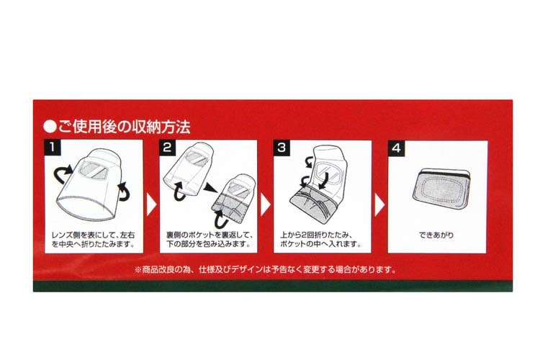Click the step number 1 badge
pos(53,148)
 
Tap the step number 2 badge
pos(167,148)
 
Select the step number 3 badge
pos(282,148)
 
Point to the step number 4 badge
pos(397,148)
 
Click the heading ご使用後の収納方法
pos(125,127)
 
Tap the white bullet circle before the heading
pos(50,127)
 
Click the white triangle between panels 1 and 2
pos(151,204)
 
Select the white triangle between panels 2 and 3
pos(266,204)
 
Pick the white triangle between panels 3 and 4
pos(379,205)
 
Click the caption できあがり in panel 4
pos(436,235)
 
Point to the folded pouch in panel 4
pos(441,189)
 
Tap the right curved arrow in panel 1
pos(125,192)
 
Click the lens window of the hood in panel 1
pos(94,170)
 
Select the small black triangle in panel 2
pos(209,188)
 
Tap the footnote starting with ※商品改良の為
pos(266,269)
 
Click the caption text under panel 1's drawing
pos(94,240)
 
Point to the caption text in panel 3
pos(321,240)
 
